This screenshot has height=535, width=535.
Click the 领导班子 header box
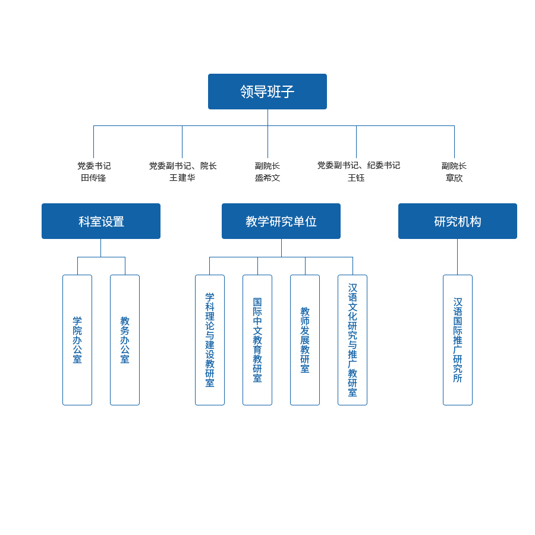[x=267, y=92]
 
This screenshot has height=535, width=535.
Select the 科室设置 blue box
[x=101, y=221]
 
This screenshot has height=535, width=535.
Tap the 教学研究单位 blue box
[x=281, y=221]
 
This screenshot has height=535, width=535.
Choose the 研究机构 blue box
[x=458, y=221]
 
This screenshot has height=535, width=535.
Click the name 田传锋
[x=93, y=178]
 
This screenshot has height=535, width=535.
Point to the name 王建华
[x=182, y=178]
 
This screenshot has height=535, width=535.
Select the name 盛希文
[x=267, y=178]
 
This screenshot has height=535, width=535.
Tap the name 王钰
[x=356, y=178]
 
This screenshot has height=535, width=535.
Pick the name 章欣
[x=454, y=178]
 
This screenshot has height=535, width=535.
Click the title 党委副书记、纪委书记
[x=358, y=165]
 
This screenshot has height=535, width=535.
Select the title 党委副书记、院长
[x=182, y=166]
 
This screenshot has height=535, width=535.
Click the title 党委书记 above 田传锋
[x=94, y=166]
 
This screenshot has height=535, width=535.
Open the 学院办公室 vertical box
[x=77, y=340]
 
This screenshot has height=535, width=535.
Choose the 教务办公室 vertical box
[x=125, y=340]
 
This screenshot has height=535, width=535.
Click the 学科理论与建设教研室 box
[x=210, y=340]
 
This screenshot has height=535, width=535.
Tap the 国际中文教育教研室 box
[x=257, y=340]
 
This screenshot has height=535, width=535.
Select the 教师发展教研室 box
[x=305, y=340]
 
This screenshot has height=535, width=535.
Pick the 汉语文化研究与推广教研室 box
[x=353, y=340]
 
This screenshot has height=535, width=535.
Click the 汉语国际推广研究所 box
[x=458, y=340]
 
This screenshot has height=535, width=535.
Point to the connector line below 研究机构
[x=457, y=257]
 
